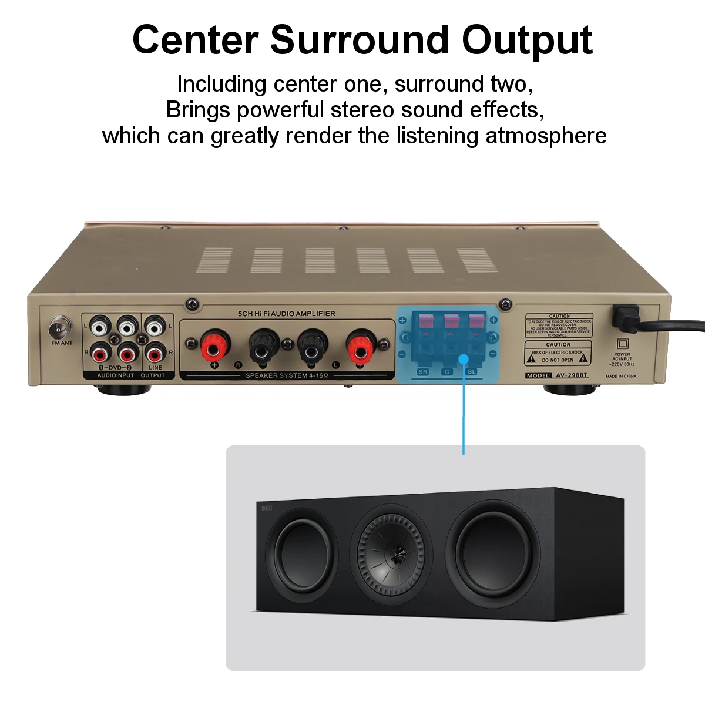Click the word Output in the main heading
(x=527, y=41)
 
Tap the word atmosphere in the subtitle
(x=546, y=136)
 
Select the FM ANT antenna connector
(x=60, y=325)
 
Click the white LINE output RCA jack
(x=154, y=325)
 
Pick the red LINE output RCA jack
(x=154, y=354)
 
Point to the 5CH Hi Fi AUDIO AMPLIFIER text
(x=286, y=314)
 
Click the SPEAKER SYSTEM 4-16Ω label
(x=287, y=375)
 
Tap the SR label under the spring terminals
(x=423, y=372)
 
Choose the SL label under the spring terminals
(x=471, y=372)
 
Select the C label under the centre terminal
(x=447, y=372)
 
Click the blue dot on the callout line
(x=464, y=358)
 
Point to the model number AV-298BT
(x=571, y=375)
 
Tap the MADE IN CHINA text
(x=620, y=376)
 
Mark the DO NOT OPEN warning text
(x=557, y=360)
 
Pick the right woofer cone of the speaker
(x=495, y=551)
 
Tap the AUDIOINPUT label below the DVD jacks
(x=115, y=375)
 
